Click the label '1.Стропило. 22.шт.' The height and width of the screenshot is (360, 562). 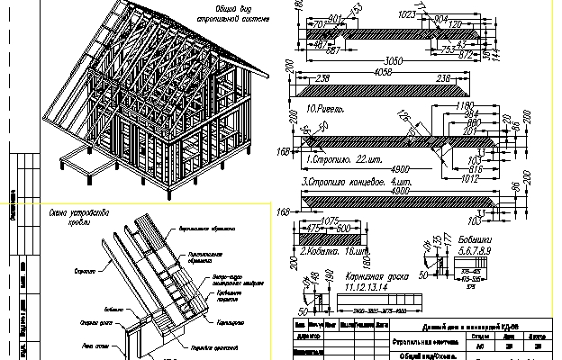pos(340,159)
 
